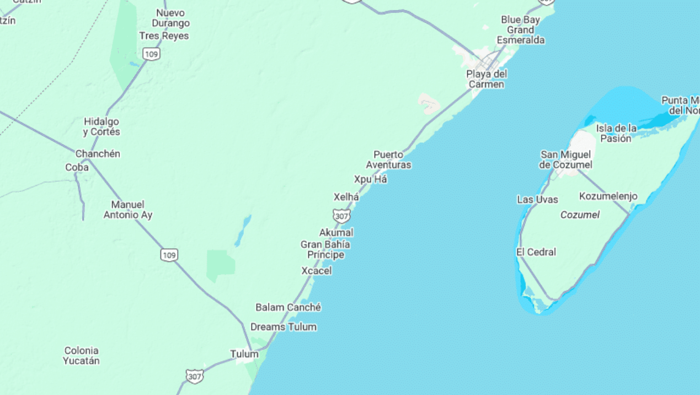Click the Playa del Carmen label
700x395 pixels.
click(x=486, y=79)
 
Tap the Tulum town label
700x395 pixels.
click(x=244, y=354)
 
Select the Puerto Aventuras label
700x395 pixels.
click(x=388, y=160)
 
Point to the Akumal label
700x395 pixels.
click(x=336, y=232)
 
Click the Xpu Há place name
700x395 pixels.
click(x=370, y=179)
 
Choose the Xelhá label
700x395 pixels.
click(x=346, y=197)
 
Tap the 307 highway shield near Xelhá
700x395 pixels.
click(x=341, y=215)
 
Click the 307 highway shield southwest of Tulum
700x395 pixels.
click(x=194, y=376)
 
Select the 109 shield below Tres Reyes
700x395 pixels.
click(x=151, y=53)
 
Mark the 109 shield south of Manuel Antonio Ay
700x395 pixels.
click(x=169, y=255)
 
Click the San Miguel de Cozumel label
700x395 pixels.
click(x=566, y=160)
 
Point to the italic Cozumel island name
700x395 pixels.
click(x=580, y=215)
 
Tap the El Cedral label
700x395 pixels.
click(x=536, y=252)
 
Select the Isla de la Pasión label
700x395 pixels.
click(x=616, y=133)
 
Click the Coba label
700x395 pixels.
click(x=77, y=167)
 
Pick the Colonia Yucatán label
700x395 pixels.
click(x=81, y=355)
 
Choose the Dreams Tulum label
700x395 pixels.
click(x=284, y=327)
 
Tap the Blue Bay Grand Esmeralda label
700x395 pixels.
click(x=520, y=30)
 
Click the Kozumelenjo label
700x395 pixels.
click(x=608, y=196)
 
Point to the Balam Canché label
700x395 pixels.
click(x=288, y=307)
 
